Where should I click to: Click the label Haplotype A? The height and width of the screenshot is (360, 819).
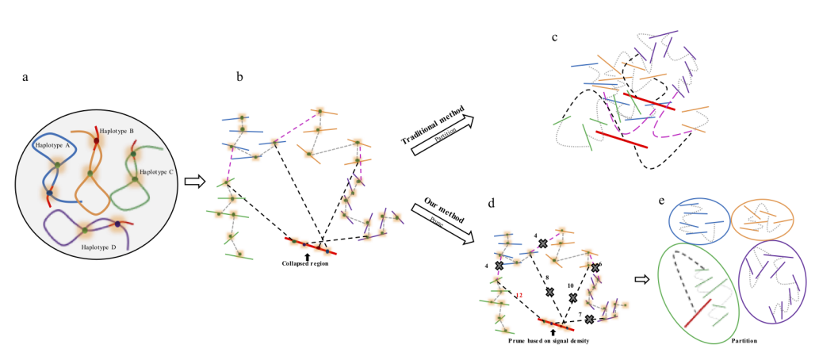point(53,146)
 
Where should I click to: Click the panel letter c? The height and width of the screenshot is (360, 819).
point(555,36)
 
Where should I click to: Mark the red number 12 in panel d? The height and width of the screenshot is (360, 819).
point(519,296)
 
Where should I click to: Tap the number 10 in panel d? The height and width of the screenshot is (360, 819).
point(569,285)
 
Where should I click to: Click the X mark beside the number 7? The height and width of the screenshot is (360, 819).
point(590,319)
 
